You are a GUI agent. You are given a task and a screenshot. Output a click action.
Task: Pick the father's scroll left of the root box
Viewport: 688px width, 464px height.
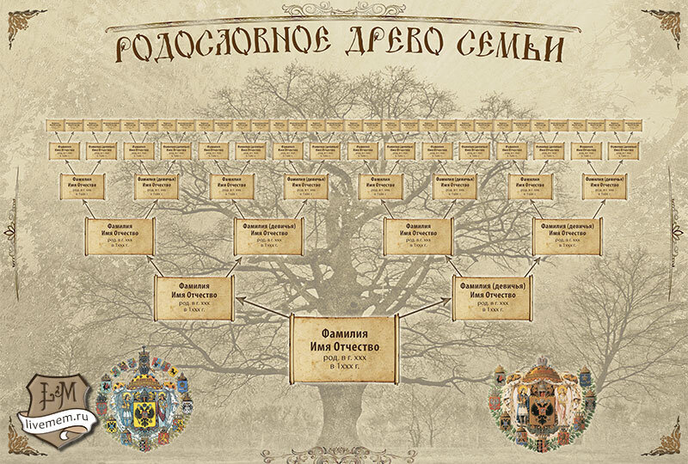[x=193, y=296]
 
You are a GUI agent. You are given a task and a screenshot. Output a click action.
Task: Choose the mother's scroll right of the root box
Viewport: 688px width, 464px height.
[x=493, y=296]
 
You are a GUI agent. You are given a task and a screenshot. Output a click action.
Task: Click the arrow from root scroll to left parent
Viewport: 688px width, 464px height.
[x=261, y=307]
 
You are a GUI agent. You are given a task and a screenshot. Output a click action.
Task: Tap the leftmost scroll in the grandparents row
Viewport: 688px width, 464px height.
[x=120, y=236]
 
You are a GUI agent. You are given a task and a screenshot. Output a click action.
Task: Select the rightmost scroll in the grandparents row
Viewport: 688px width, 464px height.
[x=568, y=236]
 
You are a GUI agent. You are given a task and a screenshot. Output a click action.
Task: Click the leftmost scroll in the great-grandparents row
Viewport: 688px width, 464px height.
[x=82, y=186]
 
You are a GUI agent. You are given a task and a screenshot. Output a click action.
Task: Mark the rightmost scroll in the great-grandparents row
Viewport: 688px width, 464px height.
[x=605, y=186]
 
